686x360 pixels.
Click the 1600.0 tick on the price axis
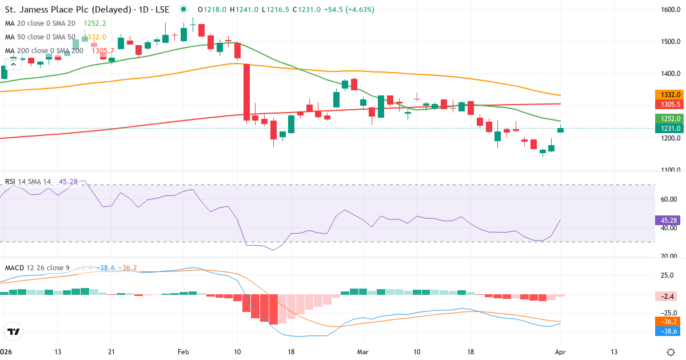point(669,10)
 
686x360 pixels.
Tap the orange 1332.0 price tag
point(667,94)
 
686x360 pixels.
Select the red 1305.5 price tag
point(667,105)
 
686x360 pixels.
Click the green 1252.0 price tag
point(667,118)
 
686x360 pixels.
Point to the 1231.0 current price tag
point(667,129)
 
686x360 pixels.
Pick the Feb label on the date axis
point(183,352)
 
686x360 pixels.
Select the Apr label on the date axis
point(560,352)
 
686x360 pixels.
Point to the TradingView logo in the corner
point(13,331)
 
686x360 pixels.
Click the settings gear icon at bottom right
point(672,352)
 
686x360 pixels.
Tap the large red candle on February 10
point(246,91)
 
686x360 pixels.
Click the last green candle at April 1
point(560,130)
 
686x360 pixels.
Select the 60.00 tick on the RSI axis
point(669,199)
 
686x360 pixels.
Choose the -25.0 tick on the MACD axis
point(669,313)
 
